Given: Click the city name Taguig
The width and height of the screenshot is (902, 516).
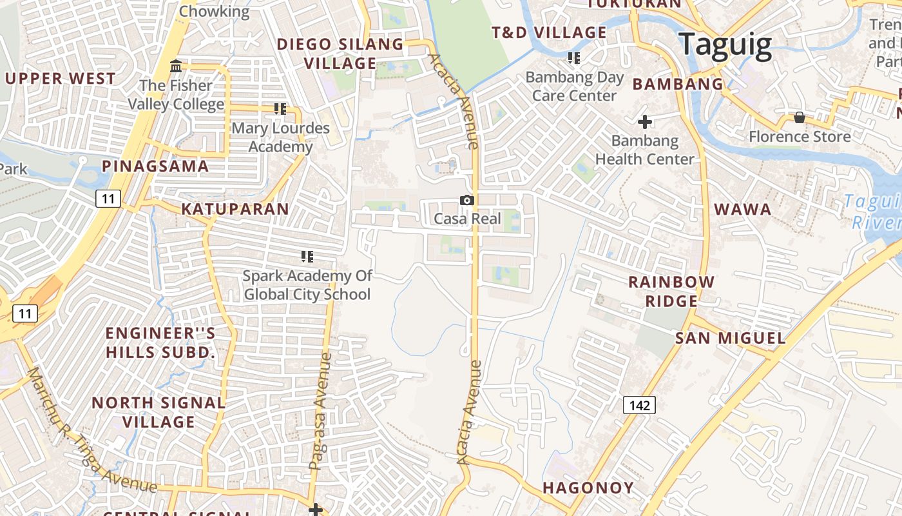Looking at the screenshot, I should click(x=725, y=45).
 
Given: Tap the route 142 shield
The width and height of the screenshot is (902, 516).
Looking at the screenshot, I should click(x=639, y=405).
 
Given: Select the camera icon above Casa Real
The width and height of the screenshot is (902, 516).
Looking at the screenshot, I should click(x=468, y=201).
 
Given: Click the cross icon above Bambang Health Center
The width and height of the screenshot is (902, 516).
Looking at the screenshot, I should click(x=645, y=121).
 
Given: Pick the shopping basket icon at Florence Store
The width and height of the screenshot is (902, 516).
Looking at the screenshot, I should click(x=800, y=117).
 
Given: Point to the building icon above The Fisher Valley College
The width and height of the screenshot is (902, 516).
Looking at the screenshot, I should click(x=175, y=66).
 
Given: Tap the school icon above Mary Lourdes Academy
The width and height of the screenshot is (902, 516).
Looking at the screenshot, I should click(x=280, y=109).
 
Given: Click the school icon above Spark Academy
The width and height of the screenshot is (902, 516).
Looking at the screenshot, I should click(x=307, y=257).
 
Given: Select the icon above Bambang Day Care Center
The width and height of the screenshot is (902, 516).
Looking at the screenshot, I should click(x=574, y=58).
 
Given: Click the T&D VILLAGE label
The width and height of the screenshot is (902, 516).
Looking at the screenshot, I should click(x=549, y=32).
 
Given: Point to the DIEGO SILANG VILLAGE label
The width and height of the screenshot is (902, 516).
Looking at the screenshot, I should click(x=340, y=54).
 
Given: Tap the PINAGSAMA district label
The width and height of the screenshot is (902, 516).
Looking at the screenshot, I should click(x=155, y=166).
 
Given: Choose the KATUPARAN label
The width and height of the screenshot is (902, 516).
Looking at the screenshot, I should click(x=235, y=209).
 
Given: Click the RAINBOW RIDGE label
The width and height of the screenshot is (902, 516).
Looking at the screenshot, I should click(x=671, y=291).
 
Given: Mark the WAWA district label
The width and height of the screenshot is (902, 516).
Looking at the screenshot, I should click(x=743, y=209).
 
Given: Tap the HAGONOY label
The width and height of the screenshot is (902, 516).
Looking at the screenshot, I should click(x=588, y=488).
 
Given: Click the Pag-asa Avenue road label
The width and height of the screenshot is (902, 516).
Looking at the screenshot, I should click(x=320, y=411).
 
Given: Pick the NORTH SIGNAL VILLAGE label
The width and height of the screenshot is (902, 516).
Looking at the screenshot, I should click(x=158, y=412).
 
